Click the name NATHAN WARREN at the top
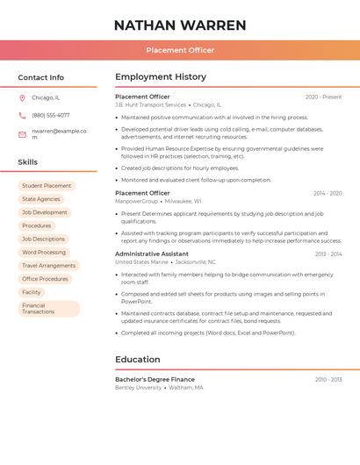(x=180, y=25)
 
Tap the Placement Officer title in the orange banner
(x=180, y=50)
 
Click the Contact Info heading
(x=41, y=77)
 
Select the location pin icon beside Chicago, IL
(x=22, y=97)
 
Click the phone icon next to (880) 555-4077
(x=22, y=115)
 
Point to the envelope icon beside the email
(x=22, y=134)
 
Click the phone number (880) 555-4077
(x=51, y=115)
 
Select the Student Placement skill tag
(x=47, y=186)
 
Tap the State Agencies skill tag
(x=41, y=199)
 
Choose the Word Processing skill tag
(x=44, y=252)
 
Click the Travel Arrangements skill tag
(x=48, y=265)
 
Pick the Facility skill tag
(x=32, y=292)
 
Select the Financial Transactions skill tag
(x=48, y=309)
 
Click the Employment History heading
(x=161, y=77)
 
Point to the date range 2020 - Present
(x=323, y=97)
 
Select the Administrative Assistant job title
(x=152, y=254)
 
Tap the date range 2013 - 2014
(x=328, y=254)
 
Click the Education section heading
(x=138, y=359)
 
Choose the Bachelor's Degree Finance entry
(x=155, y=379)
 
